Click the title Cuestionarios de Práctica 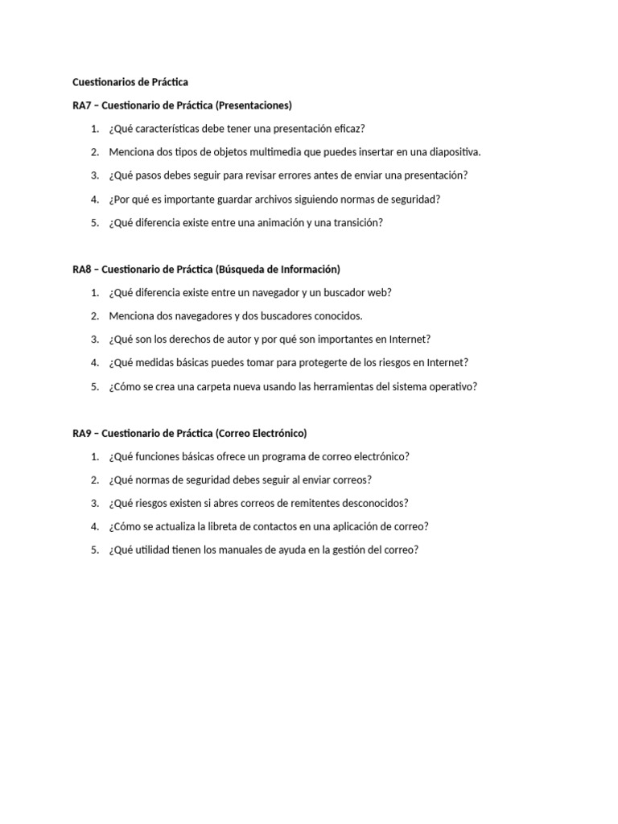pyautogui.click(x=130, y=82)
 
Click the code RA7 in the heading pyautogui.click(x=81, y=105)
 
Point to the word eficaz pyautogui.click(x=350, y=129)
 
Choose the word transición pyautogui.click(x=356, y=223)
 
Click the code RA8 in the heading pyautogui.click(x=81, y=270)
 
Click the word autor pyautogui.click(x=251, y=340)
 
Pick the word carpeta pyautogui.click(x=209, y=386)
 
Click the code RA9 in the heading pyautogui.click(x=81, y=433)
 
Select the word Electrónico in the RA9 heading pyautogui.click(x=276, y=433)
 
